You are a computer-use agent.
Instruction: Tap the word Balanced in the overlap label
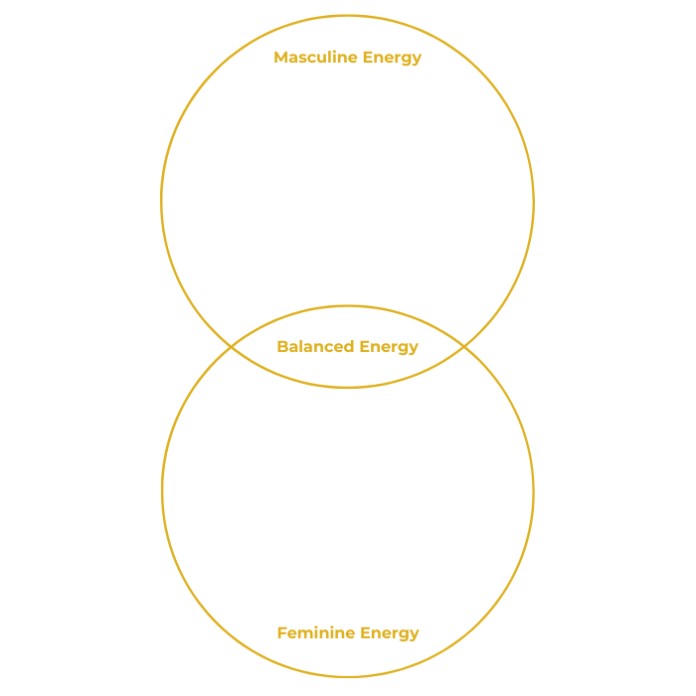point(315,347)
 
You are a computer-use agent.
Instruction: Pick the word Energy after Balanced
point(389,347)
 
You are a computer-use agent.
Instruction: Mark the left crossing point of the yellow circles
point(232,347)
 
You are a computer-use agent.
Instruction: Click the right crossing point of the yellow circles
point(464,347)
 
